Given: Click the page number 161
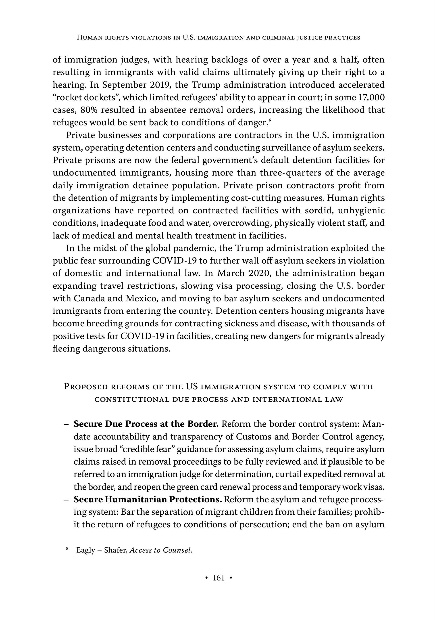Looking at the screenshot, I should [x=219, y=578].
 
